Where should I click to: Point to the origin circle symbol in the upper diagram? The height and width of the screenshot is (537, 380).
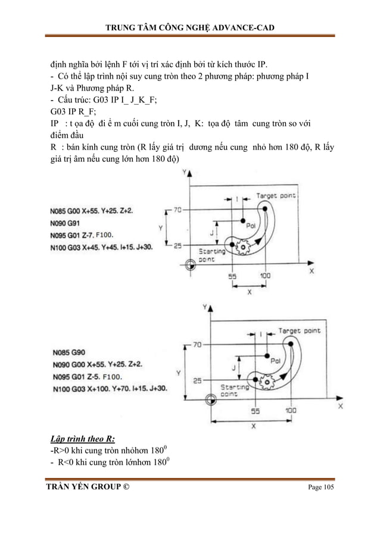pos(190,263)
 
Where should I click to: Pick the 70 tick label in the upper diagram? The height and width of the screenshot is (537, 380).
pos(177,210)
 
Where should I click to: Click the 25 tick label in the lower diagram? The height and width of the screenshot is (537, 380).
pos(198,380)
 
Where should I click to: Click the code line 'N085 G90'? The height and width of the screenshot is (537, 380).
pos(69,351)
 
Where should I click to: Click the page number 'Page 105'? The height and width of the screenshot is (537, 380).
pos(320,488)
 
